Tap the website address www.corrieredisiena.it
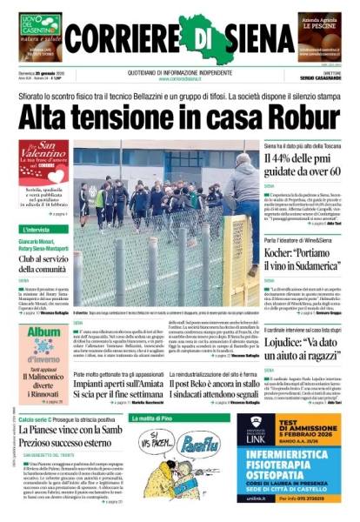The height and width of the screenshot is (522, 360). click(179, 77)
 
